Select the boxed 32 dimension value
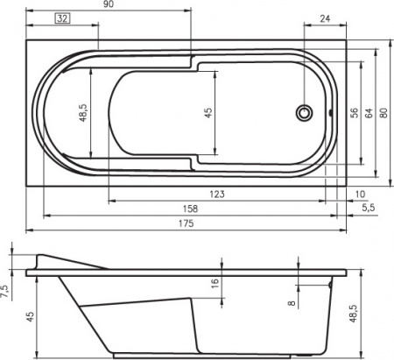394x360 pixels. pos(63,18)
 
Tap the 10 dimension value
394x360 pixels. pos(361,194)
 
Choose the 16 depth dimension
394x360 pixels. pos(215,283)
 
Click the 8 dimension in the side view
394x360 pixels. pos(292,305)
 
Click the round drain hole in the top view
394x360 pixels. pos(306,112)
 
